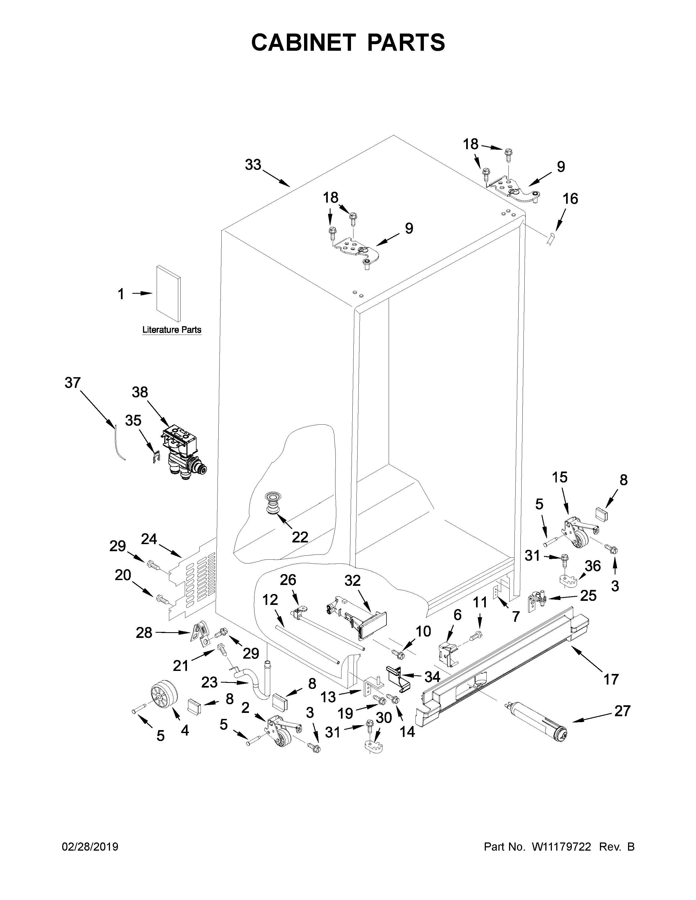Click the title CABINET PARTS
pos(348,43)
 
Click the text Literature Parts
pos(171,330)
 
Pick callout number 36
pos(593,566)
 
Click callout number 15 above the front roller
pos(560,477)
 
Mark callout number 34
pos(432,676)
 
